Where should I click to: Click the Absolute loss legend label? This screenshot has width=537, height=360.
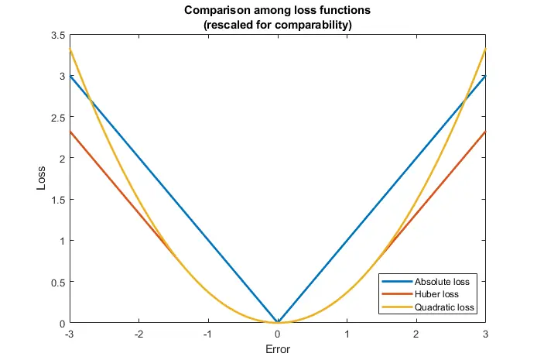coord(443,281)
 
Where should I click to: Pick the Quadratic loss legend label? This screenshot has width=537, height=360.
coord(443,308)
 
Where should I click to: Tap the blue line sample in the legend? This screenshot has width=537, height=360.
coord(396,281)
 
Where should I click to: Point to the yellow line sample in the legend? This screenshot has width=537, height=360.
coord(396,308)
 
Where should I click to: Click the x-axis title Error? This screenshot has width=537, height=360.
coord(277,349)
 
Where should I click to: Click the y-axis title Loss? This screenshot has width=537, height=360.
coord(43,180)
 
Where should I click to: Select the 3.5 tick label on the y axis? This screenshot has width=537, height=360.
coord(56,35)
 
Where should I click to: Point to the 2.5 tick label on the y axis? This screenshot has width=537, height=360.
coord(56,117)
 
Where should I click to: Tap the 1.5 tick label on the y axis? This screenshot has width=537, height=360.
coord(56,200)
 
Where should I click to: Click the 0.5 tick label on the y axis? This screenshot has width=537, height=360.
coord(56,282)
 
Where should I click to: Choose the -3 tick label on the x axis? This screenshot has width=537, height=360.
coord(69,334)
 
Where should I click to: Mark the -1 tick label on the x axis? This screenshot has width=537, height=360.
coord(207,334)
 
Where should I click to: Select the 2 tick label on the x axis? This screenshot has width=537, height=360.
coord(416,334)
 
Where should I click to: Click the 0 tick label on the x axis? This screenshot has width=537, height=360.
coord(278,334)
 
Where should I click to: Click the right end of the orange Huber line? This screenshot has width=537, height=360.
coord(485,132)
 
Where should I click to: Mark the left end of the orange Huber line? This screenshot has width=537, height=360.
coord(70,132)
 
